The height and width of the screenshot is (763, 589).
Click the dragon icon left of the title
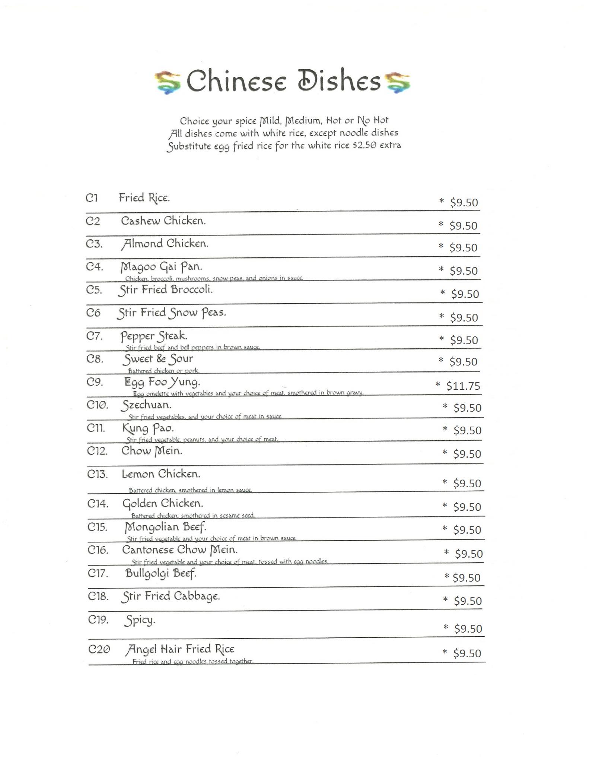(x=168, y=82)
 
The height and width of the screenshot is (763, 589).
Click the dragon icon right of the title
(x=398, y=82)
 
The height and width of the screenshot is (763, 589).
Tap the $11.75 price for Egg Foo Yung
(x=463, y=386)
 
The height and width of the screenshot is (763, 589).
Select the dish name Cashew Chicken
(x=163, y=221)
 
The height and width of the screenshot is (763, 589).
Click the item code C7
(x=95, y=336)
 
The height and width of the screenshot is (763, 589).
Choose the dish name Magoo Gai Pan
(x=161, y=267)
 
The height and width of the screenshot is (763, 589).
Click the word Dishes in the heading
(x=339, y=81)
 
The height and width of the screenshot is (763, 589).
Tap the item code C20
(x=99, y=649)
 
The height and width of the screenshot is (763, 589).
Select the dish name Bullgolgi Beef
(x=161, y=573)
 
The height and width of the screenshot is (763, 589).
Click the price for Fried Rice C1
(x=464, y=202)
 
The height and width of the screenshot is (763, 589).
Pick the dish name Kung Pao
(x=148, y=428)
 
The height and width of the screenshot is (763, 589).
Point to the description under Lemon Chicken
(x=190, y=490)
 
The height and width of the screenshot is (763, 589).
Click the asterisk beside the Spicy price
(x=446, y=628)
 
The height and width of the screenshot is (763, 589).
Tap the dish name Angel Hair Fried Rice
(x=180, y=649)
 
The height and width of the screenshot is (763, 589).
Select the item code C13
(x=98, y=474)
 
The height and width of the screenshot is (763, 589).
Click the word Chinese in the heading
(x=236, y=81)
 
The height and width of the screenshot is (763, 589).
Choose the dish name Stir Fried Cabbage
(x=171, y=596)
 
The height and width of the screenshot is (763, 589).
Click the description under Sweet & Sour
(x=164, y=371)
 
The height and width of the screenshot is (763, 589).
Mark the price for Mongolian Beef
(x=467, y=530)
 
